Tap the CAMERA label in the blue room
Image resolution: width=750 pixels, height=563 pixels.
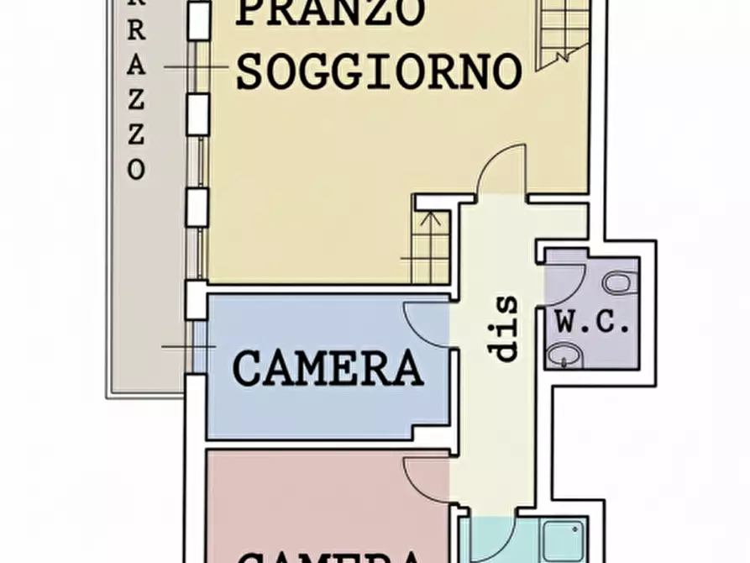[328, 368]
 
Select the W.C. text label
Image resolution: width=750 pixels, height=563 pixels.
[591, 323]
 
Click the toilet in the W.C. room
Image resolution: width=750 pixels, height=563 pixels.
[616, 283]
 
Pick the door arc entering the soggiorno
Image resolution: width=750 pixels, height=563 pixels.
[501, 168]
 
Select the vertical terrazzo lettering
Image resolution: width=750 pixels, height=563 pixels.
[137, 92]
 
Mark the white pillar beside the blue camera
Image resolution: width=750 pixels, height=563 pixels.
[196, 299]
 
